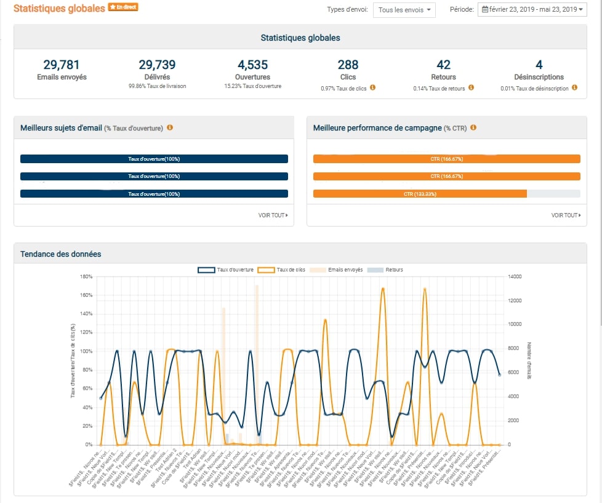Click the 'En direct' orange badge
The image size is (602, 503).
point(123,7)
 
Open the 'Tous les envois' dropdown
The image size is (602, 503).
point(404,10)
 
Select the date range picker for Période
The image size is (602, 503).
point(532,10)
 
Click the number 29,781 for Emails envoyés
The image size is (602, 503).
point(62,65)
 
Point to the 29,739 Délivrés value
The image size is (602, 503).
point(157,65)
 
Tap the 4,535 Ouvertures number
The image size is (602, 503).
point(252,65)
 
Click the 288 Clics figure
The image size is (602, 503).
point(348,65)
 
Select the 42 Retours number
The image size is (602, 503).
point(443,65)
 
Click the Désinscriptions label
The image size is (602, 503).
point(539,78)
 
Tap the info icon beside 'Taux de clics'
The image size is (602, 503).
point(372,88)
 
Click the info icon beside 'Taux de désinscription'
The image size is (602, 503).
point(574,88)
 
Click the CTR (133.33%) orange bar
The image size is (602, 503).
point(420,194)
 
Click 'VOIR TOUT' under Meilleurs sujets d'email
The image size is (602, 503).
point(273,215)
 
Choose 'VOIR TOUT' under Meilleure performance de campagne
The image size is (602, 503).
point(566,215)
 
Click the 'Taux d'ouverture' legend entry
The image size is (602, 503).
point(225,270)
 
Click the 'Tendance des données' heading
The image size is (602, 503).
point(60,254)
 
